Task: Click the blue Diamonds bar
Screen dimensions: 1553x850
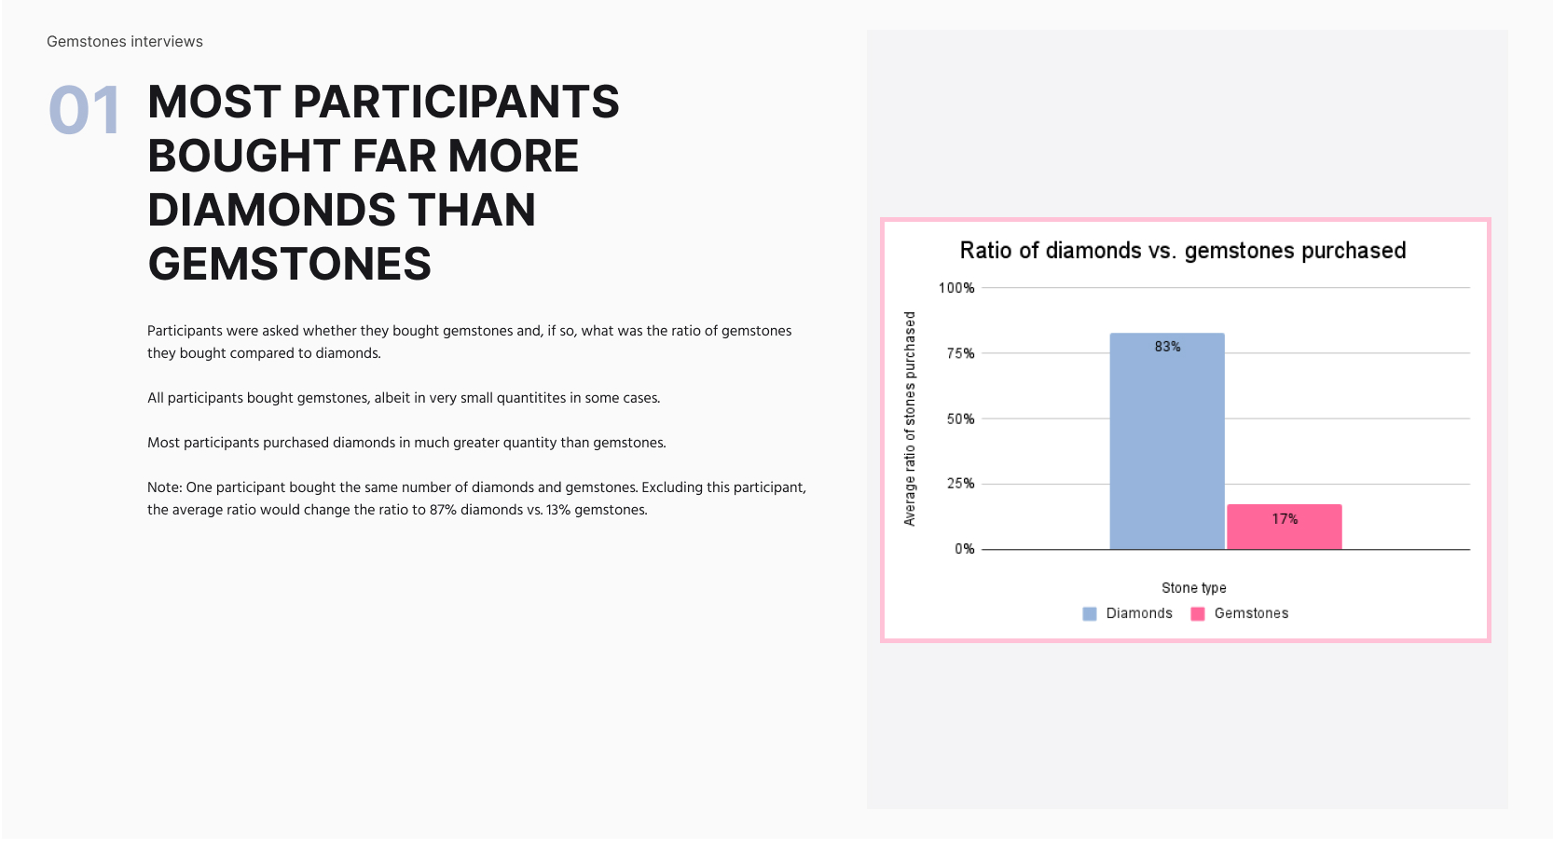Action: click(x=1167, y=441)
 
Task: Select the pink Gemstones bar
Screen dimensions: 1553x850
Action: click(x=1285, y=527)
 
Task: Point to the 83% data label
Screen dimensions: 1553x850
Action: click(x=1167, y=347)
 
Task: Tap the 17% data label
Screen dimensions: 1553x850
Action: click(x=1285, y=518)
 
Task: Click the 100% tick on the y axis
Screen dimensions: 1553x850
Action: click(x=956, y=288)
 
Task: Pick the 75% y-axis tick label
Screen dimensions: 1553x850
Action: click(x=960, y=353)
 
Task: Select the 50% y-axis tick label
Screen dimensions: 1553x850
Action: click(x=960, y=418)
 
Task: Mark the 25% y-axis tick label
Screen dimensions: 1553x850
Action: click(x=960, y=483)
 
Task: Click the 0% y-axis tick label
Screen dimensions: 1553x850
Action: click(x=965, y=549)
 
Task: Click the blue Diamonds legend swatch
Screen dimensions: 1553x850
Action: click(x=1090, y=613)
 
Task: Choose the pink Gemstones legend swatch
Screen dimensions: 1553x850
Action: click(x=1197, y=613)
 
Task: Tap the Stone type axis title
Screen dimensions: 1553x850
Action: click(x=1194, y=588)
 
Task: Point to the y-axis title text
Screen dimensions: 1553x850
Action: click(x=910, y=418)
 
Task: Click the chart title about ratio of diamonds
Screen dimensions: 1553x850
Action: click(x=1183, y=251)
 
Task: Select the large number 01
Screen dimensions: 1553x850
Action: click(x=85, y=110)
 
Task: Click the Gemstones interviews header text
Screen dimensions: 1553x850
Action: click(x=125, y=42)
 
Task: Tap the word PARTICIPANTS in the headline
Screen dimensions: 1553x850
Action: click(x=456, y=102)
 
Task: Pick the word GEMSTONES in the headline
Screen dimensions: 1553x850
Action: click(x=290, y=264)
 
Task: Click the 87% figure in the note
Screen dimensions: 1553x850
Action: click(x=443, y=510)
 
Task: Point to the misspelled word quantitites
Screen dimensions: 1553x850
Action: click(x=531, y=398)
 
